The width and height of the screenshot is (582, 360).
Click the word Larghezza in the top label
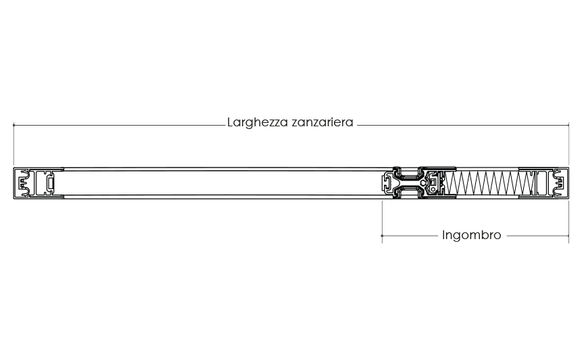pos(258,123)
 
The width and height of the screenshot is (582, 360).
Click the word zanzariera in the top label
pos(322,122)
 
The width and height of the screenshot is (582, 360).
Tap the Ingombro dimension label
pos(471,236)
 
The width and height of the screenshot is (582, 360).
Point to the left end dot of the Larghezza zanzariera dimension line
pos(14,125)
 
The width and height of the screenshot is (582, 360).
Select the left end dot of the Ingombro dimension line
pos(382,236)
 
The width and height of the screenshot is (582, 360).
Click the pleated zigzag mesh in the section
pos(489,183)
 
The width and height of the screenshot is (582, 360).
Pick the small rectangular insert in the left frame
pos(51,183)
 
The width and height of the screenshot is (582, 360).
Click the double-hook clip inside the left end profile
pos(24,183)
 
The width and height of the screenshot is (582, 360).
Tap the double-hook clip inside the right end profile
pos(558,183)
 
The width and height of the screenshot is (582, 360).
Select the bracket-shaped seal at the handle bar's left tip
pos(387,183)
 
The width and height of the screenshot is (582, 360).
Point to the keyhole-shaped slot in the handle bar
pos(424,183)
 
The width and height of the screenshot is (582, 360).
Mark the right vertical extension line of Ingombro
pos(568,222)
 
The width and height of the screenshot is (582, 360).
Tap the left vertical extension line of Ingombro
pos(382,222)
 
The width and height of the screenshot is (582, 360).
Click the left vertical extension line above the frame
pos(14,144)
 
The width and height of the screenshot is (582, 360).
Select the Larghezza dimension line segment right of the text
pos(463,125)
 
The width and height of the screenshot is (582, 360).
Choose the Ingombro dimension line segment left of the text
pos(410,236)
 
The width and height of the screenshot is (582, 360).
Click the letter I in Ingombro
pos(443,234)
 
